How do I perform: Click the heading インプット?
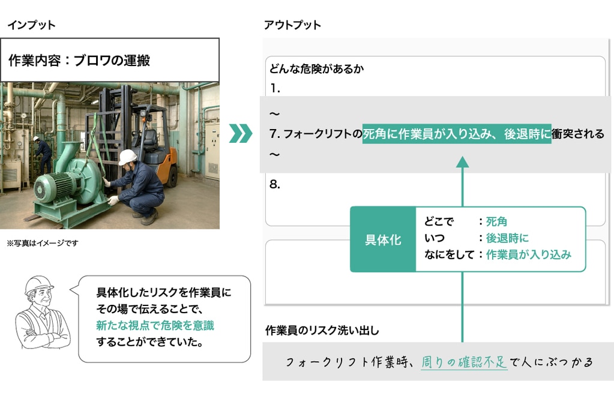pos(31,25)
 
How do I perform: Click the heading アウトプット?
pos(292,25)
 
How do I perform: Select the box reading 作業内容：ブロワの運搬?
pos(110,60)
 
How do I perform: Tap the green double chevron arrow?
pos(241,133)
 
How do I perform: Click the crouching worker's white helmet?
pos(127,157)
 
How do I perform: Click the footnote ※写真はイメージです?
pos(42,243)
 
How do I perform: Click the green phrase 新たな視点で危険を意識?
pos(155,326)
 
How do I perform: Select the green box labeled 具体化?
pos(383,239)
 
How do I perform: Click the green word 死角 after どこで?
pos(496,221)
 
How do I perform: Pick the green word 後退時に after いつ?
pos(507,238)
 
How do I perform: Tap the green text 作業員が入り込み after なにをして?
pos(528,254)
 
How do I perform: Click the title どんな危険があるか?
pos(316,69)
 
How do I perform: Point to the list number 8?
pos(274,184)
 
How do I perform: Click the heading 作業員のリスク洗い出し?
pos(322,331)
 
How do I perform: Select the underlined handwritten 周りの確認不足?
pos(464,362)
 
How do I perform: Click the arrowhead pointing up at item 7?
pos(463,162)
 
